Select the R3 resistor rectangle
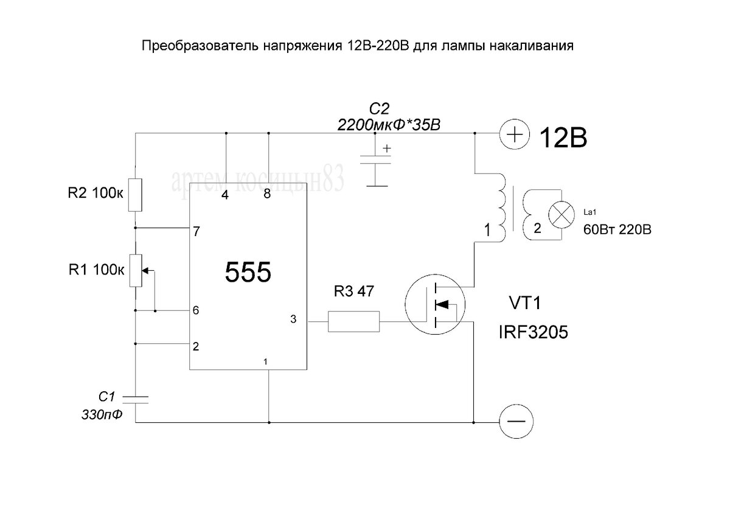(x=353, y=321)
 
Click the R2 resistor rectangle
(x=135, y=194)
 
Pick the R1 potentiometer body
(x=135, y=271)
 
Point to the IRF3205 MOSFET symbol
(x=435, y=304)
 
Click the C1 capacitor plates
(x=135, y=399)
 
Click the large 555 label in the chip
(x=248, y=273)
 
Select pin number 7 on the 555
(x=196, y=232)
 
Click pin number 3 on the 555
(x=294, y=319)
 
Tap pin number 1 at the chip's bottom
(x=266, y=361)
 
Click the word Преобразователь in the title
(x=200, y=46)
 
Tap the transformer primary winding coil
(x=501, y=207)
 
